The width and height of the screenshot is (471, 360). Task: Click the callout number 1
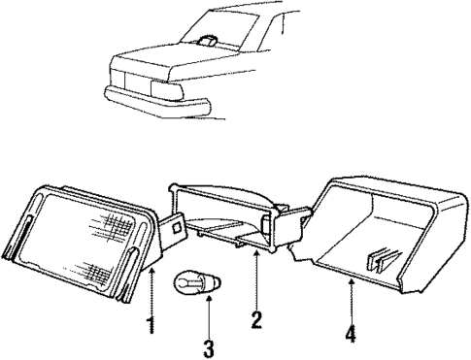coord(151,324)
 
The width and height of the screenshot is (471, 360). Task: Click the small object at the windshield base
coord(207,41)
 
